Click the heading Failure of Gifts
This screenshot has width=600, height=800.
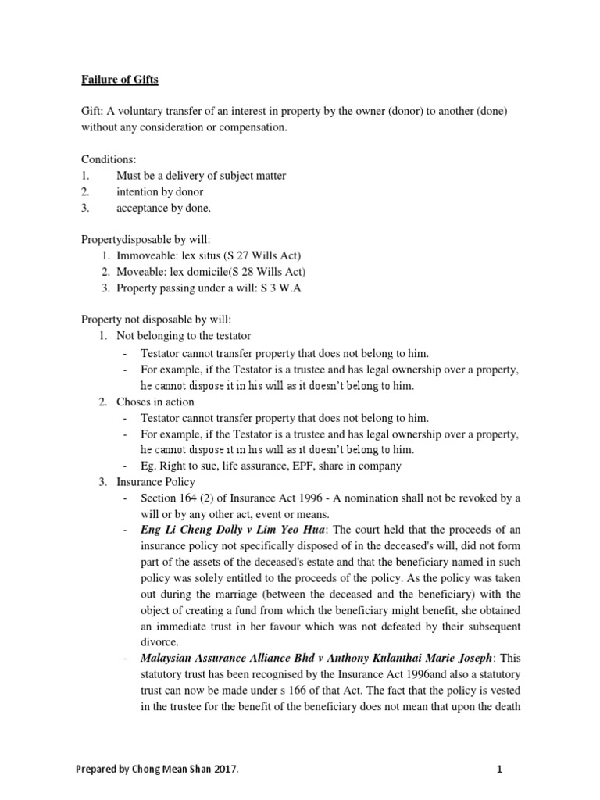(119, 79)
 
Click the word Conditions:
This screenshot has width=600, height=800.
(109, 159)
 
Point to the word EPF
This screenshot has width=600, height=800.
(313, 466)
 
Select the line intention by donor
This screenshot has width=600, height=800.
(159, 191)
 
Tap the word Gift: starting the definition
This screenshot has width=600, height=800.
(95, 111)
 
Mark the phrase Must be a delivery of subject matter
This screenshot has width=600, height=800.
(201, 176)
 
